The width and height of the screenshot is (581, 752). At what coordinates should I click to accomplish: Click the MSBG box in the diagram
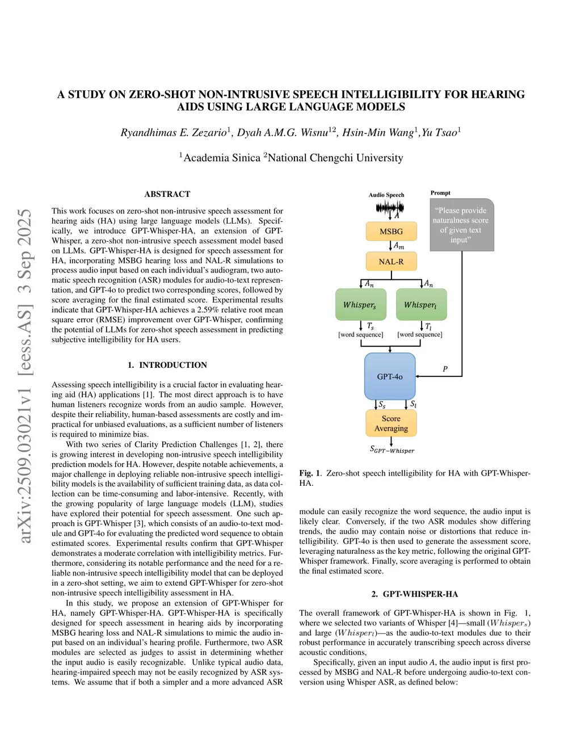pos(391,232)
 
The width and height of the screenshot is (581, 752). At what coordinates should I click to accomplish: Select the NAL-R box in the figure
pos(391,262)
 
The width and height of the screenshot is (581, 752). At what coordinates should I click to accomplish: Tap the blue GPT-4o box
pos(390,376)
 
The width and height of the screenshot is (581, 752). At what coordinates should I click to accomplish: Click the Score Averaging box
pos(391,423)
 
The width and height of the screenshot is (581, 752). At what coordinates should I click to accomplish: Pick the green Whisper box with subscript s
pos(360,305)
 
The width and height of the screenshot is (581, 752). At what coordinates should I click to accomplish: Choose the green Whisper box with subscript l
pos(421,305)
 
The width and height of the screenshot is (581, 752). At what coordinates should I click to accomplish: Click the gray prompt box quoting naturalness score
pos(461,225)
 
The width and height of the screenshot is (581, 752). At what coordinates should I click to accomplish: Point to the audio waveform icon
pos(389,208)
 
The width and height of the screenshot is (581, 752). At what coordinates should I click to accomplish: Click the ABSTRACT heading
pos(167,194)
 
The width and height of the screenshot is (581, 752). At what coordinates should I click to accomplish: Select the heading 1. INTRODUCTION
pos(167,365)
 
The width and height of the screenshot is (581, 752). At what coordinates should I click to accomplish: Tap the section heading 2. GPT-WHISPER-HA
pos(415,594)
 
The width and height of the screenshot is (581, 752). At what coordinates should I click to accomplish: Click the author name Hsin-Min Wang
pos(377,133)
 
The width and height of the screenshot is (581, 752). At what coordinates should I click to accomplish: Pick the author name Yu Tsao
pos(439,133)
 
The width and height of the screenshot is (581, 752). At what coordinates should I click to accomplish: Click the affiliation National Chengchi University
pos(335,158)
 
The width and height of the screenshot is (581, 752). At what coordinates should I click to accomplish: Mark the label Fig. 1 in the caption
pos(310,473)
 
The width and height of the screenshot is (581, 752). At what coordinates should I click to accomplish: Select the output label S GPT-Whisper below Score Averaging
pos(392,449)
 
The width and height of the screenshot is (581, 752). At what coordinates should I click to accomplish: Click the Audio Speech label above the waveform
pos(386,195)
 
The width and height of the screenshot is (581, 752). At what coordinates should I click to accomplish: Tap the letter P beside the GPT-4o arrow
pos(445,369)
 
